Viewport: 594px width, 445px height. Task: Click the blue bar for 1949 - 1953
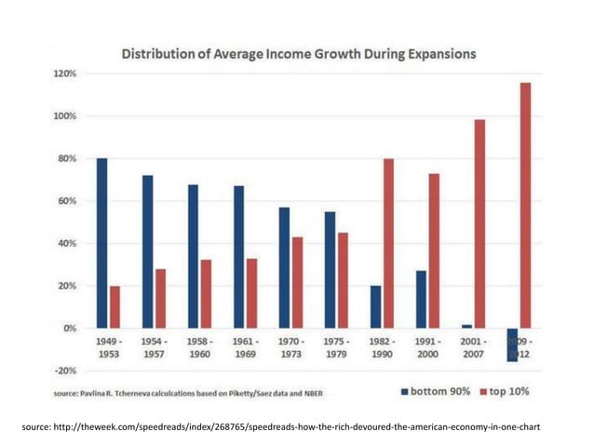pyautogui.click(x=101, y=243)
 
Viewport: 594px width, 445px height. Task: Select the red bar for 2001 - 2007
pyautogui.click(x=480, y=223)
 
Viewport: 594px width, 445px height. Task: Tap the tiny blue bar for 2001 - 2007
pyautogui.click(x=466, y=326)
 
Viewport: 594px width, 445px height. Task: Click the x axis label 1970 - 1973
pyautogui.click(x=290, y=349)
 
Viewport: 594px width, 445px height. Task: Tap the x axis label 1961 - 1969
pyautogui.click(x=245, y=349)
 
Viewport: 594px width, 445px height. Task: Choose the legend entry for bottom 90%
pyautogui.click(x=437, y=391)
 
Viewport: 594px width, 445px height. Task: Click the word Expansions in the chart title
pyautogui.click(x=433, y=54)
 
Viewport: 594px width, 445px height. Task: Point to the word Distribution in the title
pyautogui.click(x=163, y=54)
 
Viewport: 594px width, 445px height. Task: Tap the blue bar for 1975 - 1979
pyautogui.click(x=330, y=270)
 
